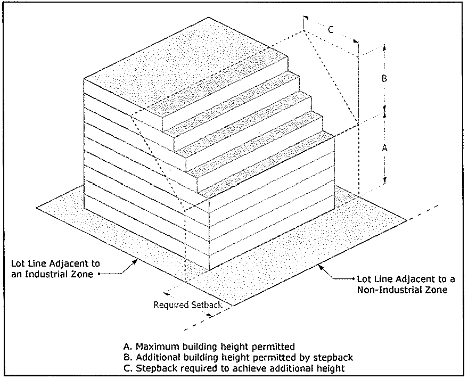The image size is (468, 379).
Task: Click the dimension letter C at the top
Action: pyautogui.click(x=331, y=30)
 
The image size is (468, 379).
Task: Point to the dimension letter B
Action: pyautogui.click(x=384, y=78)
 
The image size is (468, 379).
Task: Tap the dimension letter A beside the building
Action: pyautogui.click(x=385, y=147)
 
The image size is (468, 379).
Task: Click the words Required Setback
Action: pyautogui.click(x=188, y=304)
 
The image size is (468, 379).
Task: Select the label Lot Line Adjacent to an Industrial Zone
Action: pyautogui.click(x=55, y=269)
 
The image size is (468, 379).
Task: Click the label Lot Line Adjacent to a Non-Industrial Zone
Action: pyautogui.click(x=406, y=284)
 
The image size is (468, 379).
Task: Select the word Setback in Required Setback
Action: pyautogui.click(x=207, y=304)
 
